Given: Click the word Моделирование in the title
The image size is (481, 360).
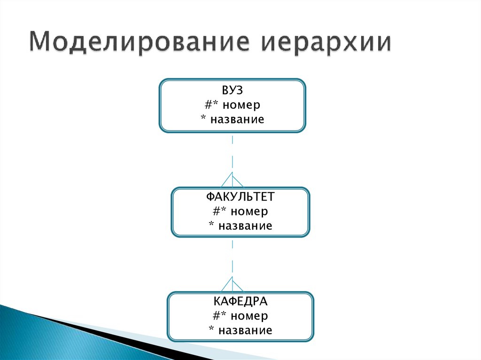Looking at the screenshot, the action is (x=141, y=43).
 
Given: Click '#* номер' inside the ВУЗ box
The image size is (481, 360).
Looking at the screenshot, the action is (x=233, y=104).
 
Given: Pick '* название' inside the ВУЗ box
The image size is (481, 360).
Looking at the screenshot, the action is (x=233, y=119).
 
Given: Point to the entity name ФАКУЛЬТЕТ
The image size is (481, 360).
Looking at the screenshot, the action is (x=240, y=196).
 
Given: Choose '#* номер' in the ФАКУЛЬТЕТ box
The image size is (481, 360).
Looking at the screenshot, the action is (x=240, y=211).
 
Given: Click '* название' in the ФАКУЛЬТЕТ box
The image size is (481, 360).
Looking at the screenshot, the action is (x=240, y=226).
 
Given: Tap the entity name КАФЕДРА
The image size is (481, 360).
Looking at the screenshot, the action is (x=240, y=300).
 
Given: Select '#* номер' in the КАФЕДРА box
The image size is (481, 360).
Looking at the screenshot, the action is (x=240, y=315).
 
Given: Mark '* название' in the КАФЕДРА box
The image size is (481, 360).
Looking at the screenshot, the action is (x=240, y=330).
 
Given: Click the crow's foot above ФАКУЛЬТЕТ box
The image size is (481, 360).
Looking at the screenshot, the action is (x=233, y=180).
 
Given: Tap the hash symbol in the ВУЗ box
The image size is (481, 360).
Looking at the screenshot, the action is (x=209, y=104).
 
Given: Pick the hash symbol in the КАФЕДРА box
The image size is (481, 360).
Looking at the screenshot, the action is (x=216, y=315).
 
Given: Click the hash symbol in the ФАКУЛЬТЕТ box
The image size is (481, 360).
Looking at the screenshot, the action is (x=216, y=211).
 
